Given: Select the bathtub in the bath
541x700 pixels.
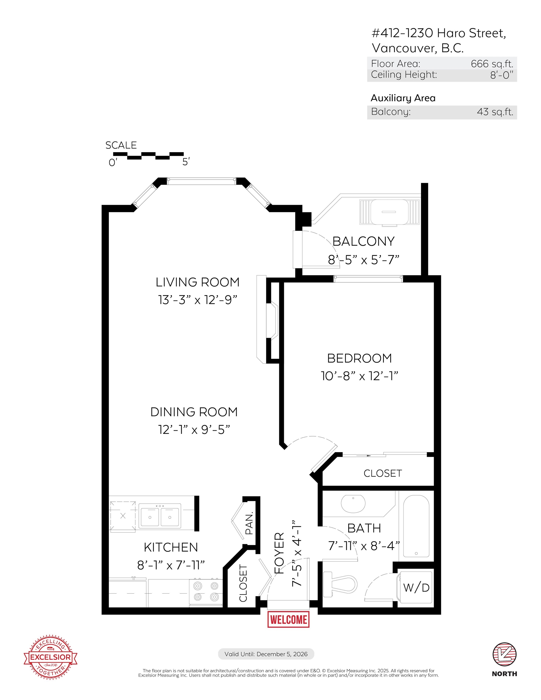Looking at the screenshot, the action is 416,526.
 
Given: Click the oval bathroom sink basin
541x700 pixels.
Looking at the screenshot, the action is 353,504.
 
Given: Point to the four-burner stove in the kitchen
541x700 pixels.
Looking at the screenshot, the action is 206,592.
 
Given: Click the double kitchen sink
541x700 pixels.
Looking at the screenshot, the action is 160,516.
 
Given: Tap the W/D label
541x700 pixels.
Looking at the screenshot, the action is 416,588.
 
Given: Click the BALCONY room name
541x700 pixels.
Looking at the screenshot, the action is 363,241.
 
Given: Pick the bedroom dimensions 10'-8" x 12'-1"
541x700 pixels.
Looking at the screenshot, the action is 360,376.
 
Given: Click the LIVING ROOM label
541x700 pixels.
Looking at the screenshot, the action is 198,282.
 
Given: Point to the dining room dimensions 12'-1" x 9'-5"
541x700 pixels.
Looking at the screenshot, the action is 194,430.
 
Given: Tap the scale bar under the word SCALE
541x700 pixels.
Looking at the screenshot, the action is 149,156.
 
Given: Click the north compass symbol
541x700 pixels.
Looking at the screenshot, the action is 505,654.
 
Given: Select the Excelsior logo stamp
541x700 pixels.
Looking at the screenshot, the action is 50,657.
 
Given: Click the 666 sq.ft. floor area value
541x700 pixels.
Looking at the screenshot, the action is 492,64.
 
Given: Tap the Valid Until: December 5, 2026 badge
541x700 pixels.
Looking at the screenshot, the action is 266,654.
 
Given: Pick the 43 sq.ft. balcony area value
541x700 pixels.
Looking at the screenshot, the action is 495,112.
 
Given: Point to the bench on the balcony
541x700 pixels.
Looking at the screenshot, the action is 389,212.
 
